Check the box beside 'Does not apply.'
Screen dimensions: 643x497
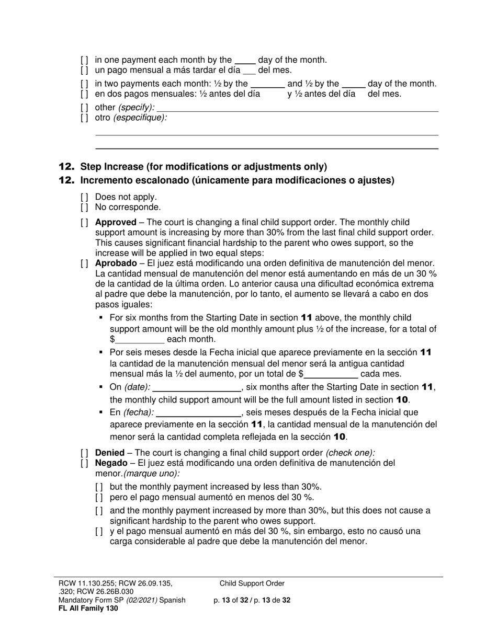[x=84, y=197]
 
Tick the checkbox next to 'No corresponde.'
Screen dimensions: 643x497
[x=84, y=207]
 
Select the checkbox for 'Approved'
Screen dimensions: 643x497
[x=84, y=222]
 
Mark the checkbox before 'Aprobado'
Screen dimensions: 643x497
[x=84, y=263]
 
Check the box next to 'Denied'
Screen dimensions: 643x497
[x=84, y=453]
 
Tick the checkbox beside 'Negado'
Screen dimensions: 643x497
[x=84, y=463]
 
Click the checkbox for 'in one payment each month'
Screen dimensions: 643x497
[x=84, y=60]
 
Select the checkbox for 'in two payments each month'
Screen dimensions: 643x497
[x=84, y=84]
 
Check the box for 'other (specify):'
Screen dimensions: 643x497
[x=84, y=108]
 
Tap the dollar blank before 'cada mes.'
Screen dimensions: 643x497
[x=331, y=374]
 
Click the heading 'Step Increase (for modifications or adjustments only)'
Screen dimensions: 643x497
[x=204, y=167]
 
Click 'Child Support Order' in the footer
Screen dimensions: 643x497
[x=252, y=583]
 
